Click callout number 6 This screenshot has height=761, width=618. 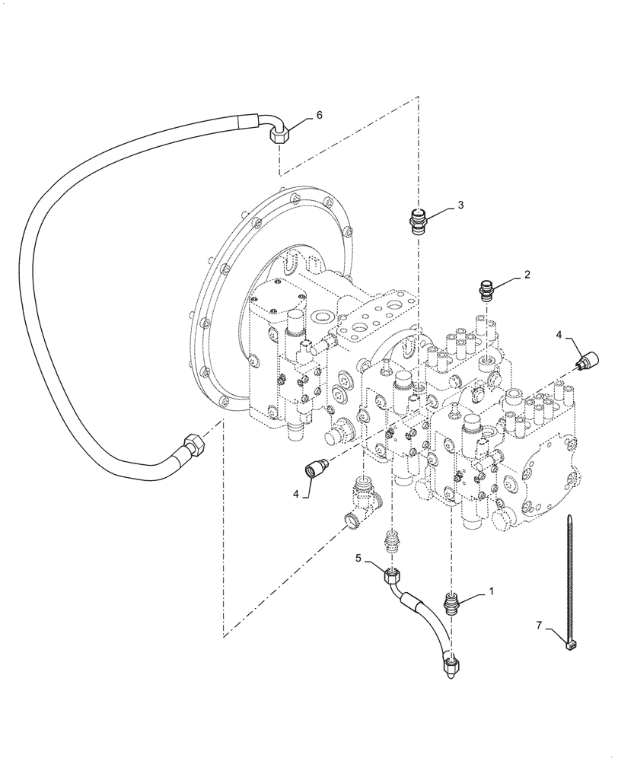tap(319, 115)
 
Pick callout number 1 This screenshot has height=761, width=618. tap(491, 590)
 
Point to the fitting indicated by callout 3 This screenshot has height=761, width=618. tap(416, 220)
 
